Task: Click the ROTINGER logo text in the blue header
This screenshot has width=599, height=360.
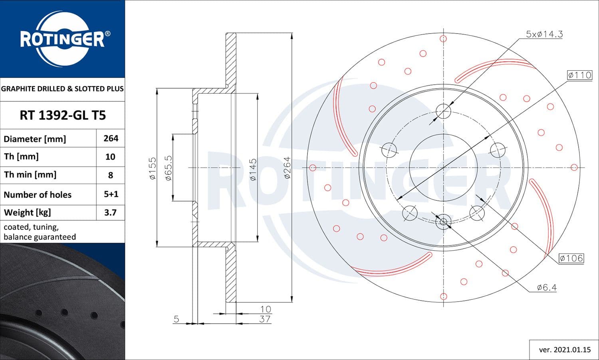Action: click(63, 39)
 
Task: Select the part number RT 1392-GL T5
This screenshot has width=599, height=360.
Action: click(63, 115)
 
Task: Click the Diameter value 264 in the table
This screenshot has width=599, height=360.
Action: click(111, 138)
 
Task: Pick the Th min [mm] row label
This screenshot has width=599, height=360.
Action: click(30, 175)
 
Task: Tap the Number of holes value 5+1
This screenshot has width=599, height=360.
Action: click(111, 194)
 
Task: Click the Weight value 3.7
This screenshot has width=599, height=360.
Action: click(110, 212)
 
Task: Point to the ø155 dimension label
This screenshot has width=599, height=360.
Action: click(153, 168)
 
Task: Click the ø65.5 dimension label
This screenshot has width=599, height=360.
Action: click(169, 168)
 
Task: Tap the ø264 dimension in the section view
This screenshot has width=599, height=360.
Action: click(287, 168)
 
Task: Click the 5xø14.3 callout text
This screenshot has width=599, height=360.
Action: click(544, 34)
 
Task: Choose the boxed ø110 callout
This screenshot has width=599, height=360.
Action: click(579, 75)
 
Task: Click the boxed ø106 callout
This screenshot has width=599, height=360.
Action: click(571, 258)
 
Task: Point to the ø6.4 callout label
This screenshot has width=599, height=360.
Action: click(547, 287)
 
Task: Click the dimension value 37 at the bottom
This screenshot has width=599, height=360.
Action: click(265, 319)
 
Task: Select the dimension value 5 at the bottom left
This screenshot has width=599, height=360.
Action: click(176, 319)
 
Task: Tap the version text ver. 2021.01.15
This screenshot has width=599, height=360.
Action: click(564, 350)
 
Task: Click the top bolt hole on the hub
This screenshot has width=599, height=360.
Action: click(443, 111)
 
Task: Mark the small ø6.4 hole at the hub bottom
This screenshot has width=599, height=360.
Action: click(443, 221)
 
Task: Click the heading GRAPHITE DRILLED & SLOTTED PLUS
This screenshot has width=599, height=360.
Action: click(62, 89)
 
